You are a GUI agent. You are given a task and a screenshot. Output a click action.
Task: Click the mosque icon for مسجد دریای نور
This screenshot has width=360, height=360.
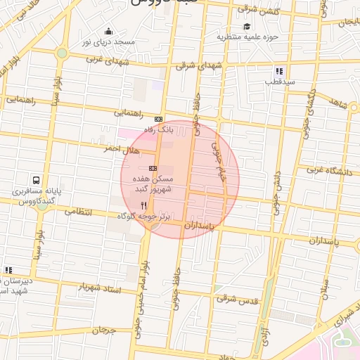point(109,31)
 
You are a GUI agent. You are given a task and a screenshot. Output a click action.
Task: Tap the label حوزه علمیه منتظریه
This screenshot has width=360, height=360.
point(247,36)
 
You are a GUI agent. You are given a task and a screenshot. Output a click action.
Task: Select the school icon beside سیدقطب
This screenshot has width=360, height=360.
point(279,71)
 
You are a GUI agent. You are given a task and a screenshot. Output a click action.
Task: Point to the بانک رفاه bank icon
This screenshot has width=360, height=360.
point(158,120)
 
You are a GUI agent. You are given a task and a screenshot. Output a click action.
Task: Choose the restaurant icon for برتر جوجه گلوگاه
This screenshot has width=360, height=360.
point(143,205)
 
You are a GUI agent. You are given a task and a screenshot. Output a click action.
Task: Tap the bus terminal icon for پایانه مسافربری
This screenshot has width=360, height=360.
point(35,180)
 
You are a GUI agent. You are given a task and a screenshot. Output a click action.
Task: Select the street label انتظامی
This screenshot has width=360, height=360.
point(77,210)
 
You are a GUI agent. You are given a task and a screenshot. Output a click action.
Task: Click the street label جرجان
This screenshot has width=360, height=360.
point(103,329)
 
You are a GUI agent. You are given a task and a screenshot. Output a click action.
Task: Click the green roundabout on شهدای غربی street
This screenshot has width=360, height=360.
point(62,53)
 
